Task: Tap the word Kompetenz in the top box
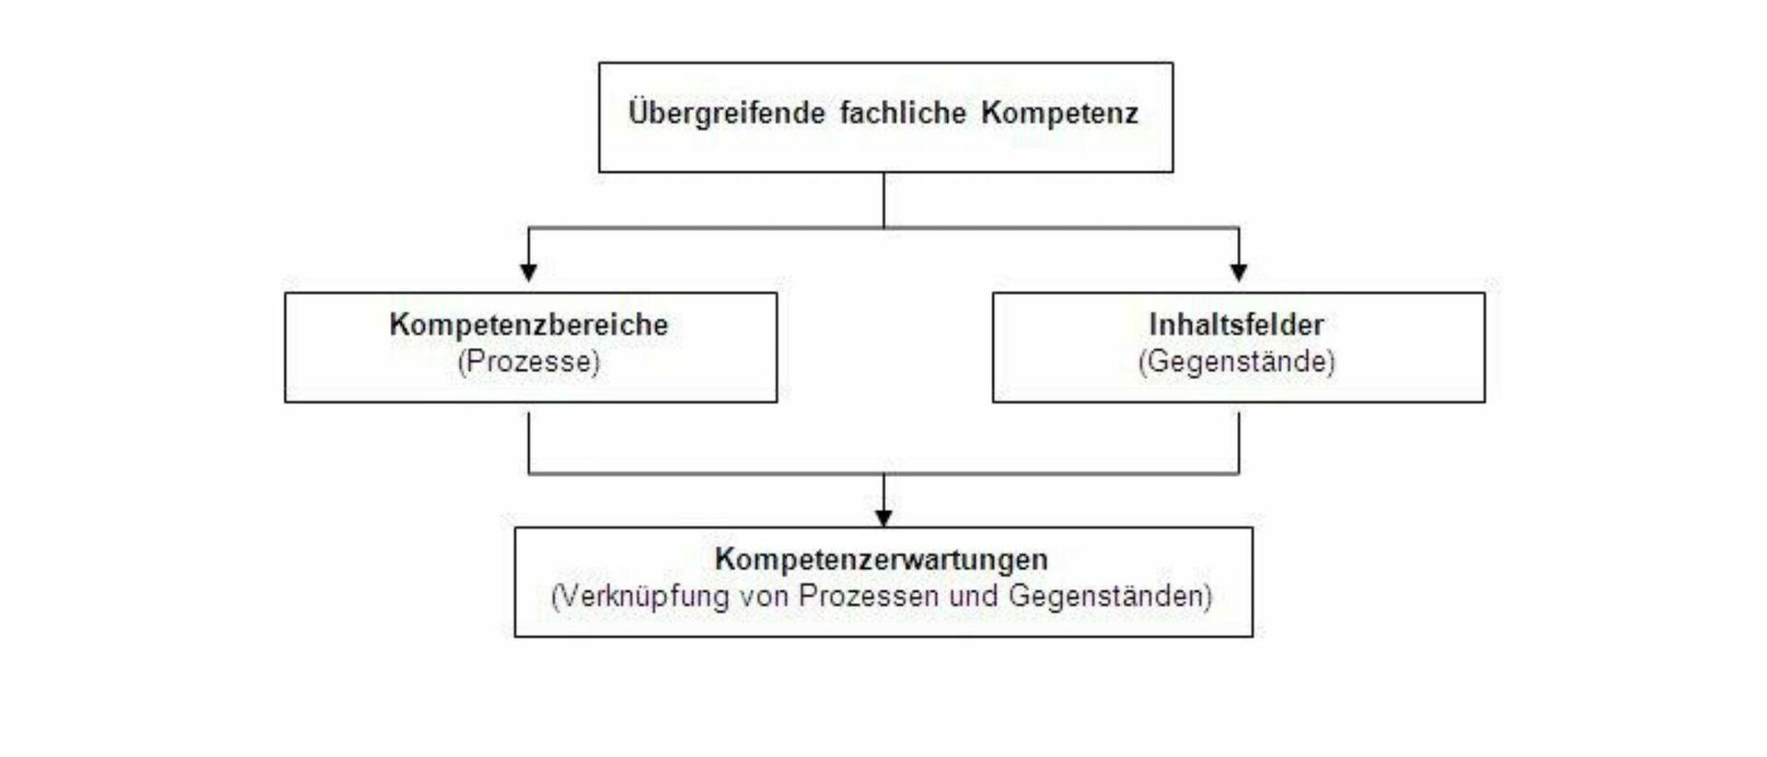click(x=1059, y=114)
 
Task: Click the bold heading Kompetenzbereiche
click(x=529, y=324)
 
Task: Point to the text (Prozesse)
click(x=529, y=361)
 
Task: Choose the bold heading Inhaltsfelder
click(x=1237, y=324)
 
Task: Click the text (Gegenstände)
click(x=1237, y=361)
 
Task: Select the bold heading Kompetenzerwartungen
click(x=882, y=559)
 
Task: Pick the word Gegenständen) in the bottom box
click(x=1111, y=596)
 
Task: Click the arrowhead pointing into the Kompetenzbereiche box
click(x=528, y=272)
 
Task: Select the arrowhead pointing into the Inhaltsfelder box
click(x=1239, y=272)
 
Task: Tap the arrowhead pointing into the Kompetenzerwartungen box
click(x=883, y=518)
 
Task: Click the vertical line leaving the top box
click(x=883, y=200)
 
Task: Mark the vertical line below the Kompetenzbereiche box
click(x=529, y=443)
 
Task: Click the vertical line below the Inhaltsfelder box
click(x=1239, y=443)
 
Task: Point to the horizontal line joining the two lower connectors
click(x=883, y=473)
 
